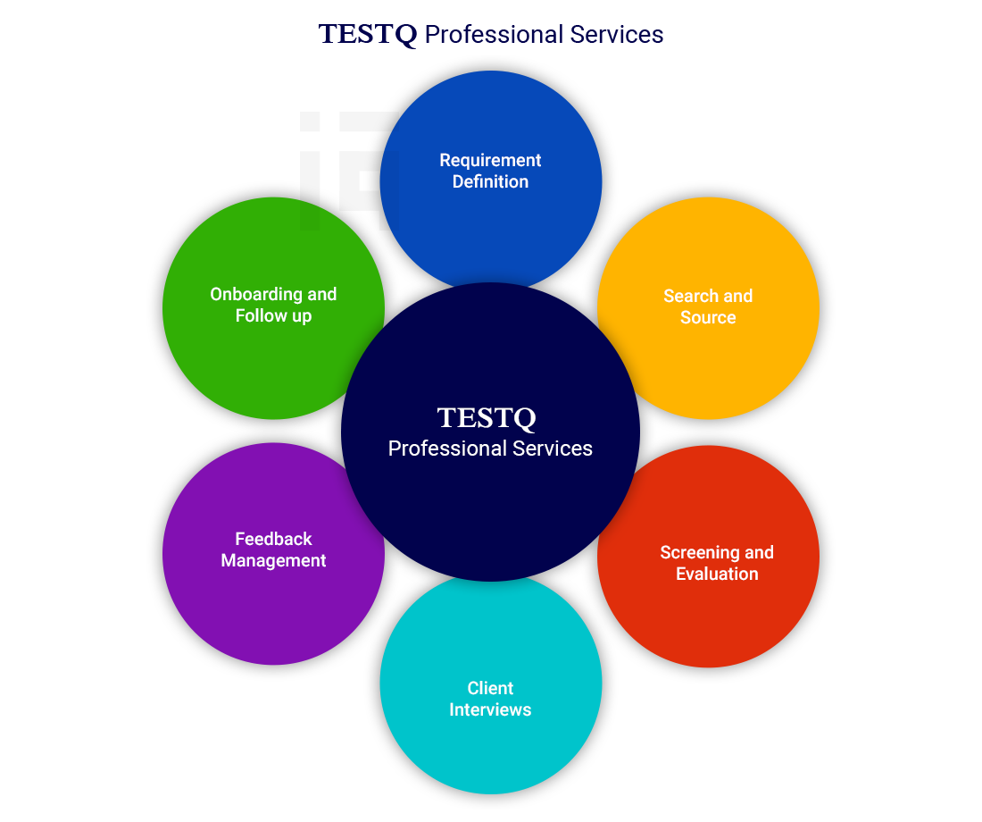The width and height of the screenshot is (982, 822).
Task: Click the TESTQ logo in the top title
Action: pyautogui.click(x=368, y=35)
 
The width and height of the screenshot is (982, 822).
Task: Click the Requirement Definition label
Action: pyautogui.click(x=490, y=172)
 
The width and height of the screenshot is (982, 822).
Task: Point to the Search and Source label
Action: pyautogui.click(x=708, y=306)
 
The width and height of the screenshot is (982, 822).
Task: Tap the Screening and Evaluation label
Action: pyautogui.click(x=717, y=563)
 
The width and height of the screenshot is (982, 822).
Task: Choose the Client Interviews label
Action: pyautogui.click(x=490, y=699)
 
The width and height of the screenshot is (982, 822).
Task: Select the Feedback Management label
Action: pyautogui.click(x=274, y=549)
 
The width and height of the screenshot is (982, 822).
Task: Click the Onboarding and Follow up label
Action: pyautogui.click(x=274, y=305)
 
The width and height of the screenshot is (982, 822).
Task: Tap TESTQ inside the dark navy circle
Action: pyautogui.click(x=487, y=418)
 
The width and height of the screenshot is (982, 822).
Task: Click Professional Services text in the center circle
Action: pyautogui.click(x=490, y=449)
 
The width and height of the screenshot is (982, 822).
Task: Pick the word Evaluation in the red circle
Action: pyautogui.click(x=717, y=574)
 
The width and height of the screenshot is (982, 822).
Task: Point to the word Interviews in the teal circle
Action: pyautogui.click(x=490, y=709)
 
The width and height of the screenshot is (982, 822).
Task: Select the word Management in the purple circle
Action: pyautogui.click(x=274, y=560)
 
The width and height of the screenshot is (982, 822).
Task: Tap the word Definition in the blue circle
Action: pyautogui.click(x=490, y=182)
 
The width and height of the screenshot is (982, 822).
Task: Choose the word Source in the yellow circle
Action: pyautogui.click(x=708, y=317)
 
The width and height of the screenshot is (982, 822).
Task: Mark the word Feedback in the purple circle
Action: pyautogui.click(x=274, y=539)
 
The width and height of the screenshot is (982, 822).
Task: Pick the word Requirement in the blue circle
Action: pyautogui.click(x=490, y=161)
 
